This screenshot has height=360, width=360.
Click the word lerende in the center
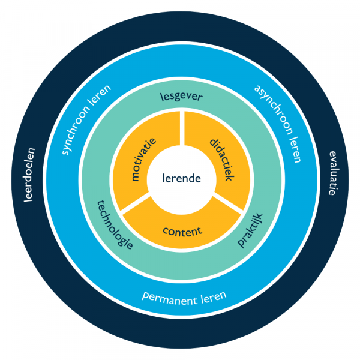coord(181,178)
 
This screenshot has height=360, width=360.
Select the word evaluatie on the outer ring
coord(331,174)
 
